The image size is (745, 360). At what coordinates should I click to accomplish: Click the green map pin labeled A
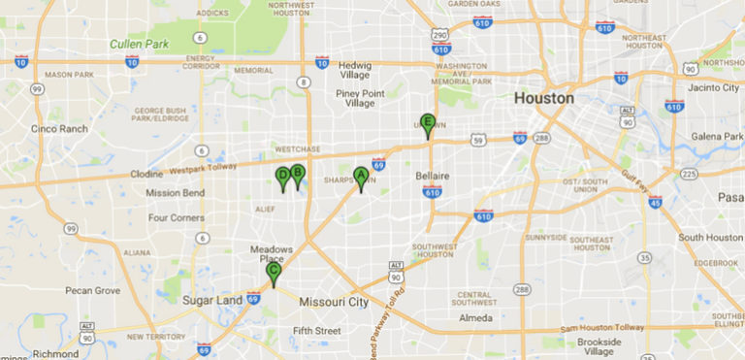(361, 178)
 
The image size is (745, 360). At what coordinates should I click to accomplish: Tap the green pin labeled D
(283, 177)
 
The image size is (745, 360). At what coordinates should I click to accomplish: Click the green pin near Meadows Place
(274, 273)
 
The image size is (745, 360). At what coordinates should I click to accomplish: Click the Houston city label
(543, 98)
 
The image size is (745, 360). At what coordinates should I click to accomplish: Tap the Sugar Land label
(212, 301)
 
